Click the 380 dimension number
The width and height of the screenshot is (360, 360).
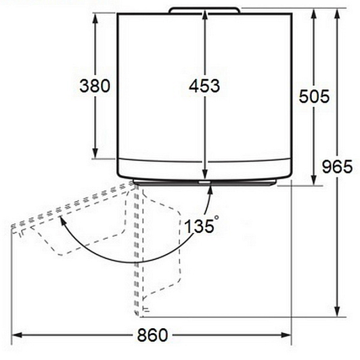tap(95, 86)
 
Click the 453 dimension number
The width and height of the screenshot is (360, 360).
tap(204, 86)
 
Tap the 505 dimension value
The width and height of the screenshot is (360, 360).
tap(314, 95)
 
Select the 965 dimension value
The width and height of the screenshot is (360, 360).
tap(337, 166)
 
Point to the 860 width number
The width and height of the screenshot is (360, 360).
tap(153, 335)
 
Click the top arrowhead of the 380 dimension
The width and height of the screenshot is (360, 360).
tap(95, 18)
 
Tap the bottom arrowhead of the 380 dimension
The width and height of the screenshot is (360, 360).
tap(95, 153)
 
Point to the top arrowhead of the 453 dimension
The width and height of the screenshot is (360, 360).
tap(205, 16)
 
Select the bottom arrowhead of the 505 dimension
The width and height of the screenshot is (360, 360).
tap(314, 180)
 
